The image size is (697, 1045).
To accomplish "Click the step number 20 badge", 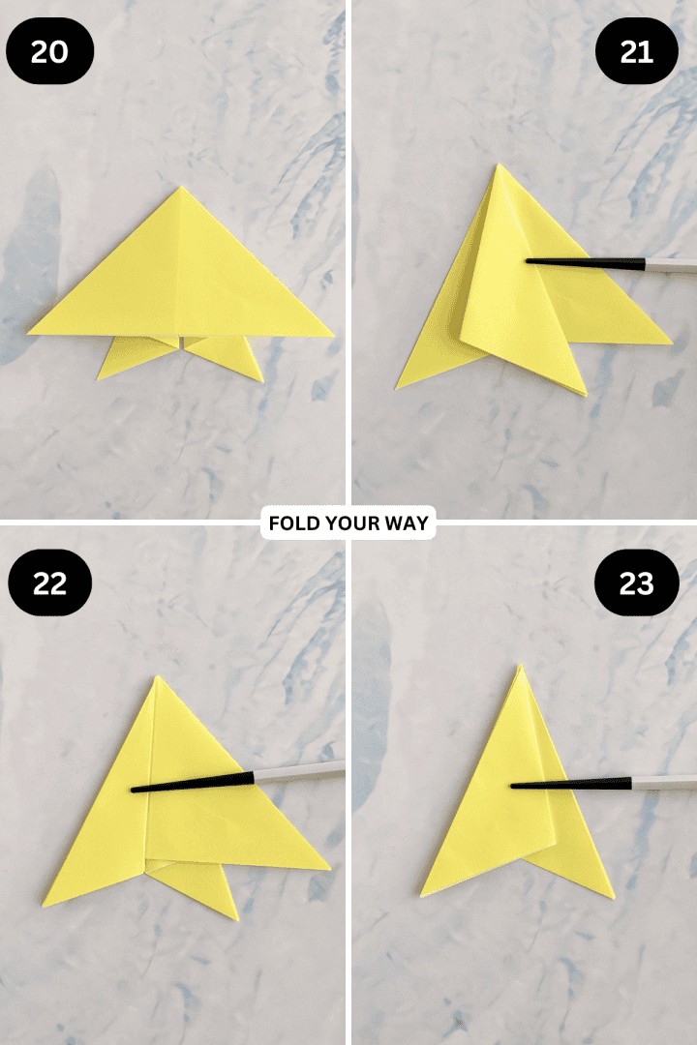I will point(50,51).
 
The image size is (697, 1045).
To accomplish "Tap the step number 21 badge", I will point(636,51).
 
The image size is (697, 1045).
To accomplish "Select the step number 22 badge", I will point(50,585).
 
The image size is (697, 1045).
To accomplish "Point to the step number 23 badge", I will point(636,583).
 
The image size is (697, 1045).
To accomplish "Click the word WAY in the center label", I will point(411,524).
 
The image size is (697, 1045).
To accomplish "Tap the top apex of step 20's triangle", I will point(179,188).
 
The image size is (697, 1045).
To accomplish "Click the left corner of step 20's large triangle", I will point(29,333).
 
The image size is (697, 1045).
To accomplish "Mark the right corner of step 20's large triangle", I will point(332,336).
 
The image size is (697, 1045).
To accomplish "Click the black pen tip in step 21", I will point(529,260).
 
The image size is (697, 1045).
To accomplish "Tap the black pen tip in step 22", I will point(134,790).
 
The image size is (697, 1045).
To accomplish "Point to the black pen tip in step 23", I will point(513,785).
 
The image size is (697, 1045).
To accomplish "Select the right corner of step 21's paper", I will point(670,343).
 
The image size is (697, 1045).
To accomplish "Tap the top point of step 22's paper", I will point(157,678).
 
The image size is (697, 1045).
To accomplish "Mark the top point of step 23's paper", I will point(519,667).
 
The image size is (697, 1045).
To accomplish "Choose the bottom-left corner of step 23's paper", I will point(422,893).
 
